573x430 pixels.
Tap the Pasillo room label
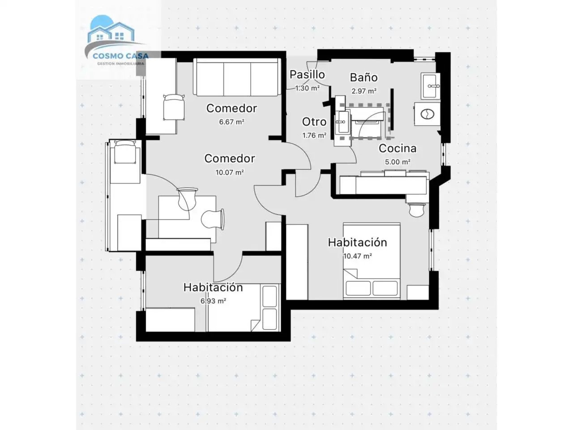click(x=307, y=75)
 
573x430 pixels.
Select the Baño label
click(x=363, y=77)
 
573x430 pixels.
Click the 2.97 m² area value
click(x=363, y=91)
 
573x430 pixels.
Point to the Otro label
click(x=314, y=122)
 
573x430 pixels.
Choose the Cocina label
click(x=398, y=148)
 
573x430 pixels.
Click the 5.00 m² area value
click(x=398, y=162)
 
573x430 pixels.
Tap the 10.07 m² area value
click(x=230, y=172)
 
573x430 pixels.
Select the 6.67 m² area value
click(x=231, y=122)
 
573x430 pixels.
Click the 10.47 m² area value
click(x=357, y=256)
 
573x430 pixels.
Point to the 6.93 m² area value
click(x=213, y=301)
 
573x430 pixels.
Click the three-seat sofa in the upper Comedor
click(x=237, y=77)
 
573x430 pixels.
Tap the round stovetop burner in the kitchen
click(x=428, y=114)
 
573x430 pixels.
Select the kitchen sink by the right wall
click(x=431, y=86)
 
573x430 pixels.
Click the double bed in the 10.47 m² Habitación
click(x=372, y=261)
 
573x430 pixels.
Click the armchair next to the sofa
click(x=174, y=107)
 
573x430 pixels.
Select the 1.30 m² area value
click(x=307, y=88)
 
